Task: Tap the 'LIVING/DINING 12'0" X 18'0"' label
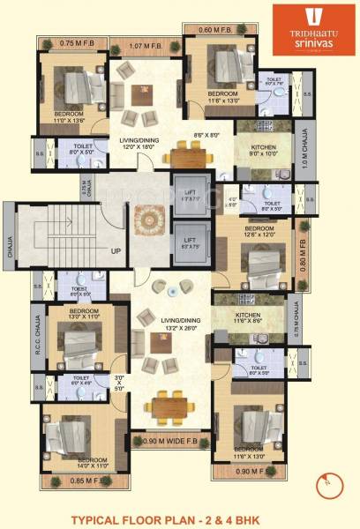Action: coord(141,140)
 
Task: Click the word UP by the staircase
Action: coord(116,251)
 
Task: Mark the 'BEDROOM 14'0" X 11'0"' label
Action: coord(93,461)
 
